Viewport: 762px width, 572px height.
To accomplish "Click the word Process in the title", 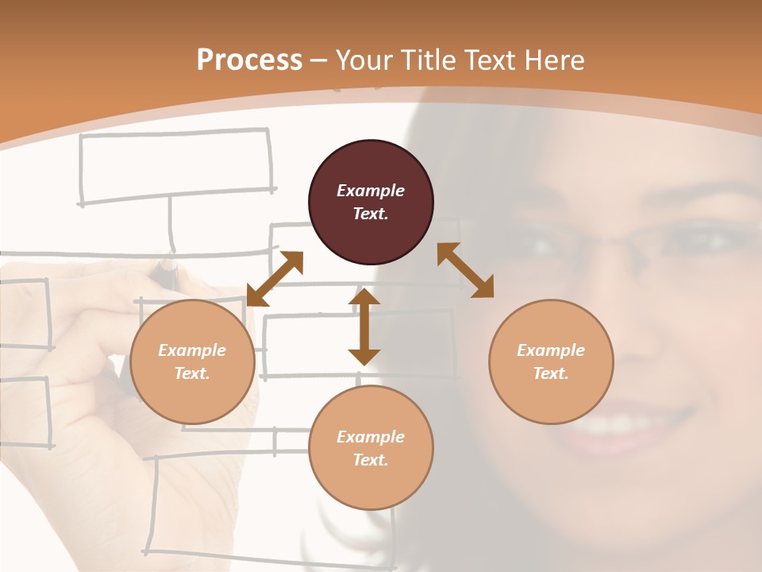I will point(249,60).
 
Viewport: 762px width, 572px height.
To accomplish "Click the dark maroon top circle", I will point(371,203).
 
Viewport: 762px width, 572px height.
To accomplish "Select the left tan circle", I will point(192,362).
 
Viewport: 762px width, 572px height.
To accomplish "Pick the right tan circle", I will point(551,362).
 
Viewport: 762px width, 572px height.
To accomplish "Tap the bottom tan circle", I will point(371,448).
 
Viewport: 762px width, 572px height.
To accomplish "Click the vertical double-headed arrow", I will point(364,327).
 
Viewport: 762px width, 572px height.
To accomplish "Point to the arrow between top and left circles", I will point(275,278).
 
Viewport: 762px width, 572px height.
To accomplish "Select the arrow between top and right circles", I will point(465,270).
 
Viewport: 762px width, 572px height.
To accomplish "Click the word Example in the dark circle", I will point(371,191).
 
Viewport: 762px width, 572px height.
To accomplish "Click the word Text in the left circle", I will point(191,373).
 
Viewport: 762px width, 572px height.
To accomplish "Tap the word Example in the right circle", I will point(551,350).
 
